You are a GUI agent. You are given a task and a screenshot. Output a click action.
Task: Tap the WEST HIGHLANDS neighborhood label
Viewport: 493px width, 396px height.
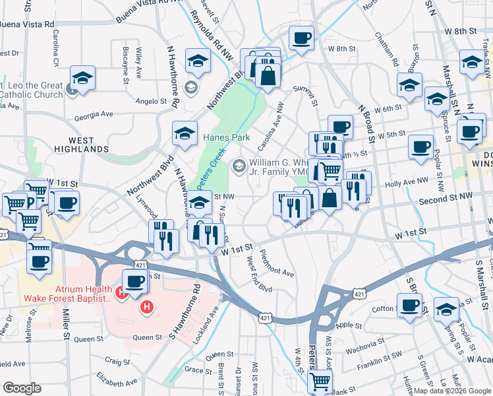tap(90, 147)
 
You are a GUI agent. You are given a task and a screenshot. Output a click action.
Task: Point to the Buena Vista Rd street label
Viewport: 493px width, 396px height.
tap(27, 24)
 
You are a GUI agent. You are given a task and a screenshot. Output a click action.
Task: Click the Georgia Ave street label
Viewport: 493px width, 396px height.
tap(94, 114)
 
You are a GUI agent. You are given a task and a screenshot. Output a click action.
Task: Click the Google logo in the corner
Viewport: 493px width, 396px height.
tap(22, 388)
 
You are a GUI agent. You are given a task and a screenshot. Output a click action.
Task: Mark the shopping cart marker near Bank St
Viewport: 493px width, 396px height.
tap(320, 380)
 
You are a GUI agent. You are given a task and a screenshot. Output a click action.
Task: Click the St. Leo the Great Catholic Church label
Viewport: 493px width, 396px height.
tap(33, 90)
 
